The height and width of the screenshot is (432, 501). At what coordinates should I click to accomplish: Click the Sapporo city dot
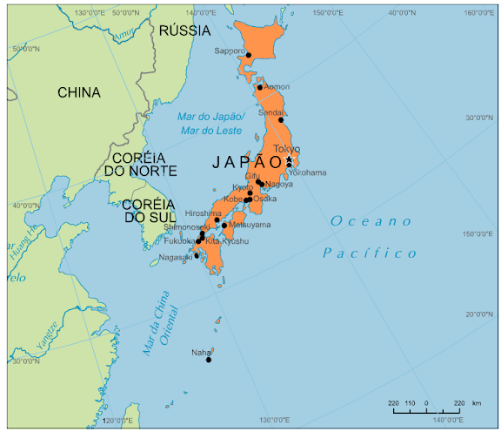coord(249,55)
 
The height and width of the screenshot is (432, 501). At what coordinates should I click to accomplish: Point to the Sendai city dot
coord(281,120)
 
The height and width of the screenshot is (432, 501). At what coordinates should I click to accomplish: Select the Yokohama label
coord(307,172)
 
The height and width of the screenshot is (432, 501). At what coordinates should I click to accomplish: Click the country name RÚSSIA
coord(184,30)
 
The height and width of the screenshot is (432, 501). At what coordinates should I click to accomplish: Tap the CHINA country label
coord(78,92)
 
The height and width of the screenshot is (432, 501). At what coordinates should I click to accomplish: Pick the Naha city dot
coord(209,360)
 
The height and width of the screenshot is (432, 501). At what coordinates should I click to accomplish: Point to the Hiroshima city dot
coord(217,220)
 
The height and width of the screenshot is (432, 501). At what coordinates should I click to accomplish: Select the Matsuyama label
coord(250,225)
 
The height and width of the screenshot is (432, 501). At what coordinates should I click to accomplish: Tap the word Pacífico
coord(370,253)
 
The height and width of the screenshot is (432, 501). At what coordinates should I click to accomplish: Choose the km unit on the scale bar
coord(477,403)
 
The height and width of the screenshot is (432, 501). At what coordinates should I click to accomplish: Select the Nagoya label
coord(279,184)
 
